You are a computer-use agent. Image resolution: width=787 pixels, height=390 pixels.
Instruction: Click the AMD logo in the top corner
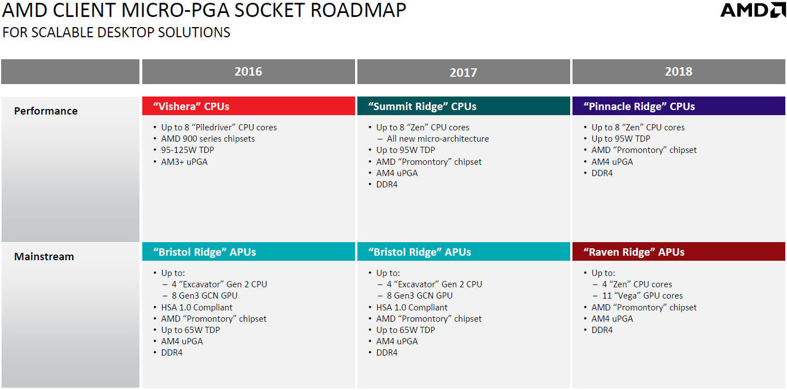click(753, 10)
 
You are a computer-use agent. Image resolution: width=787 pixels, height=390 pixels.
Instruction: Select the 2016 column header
click(248, 72)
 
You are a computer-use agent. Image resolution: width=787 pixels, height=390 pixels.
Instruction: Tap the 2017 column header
click(464, 72)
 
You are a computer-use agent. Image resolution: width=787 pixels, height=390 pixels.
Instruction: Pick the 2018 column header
click(679, 72)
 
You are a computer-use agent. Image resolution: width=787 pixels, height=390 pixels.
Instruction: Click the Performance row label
click(46, 111)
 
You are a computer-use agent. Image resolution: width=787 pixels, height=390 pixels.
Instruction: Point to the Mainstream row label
click(44, 256)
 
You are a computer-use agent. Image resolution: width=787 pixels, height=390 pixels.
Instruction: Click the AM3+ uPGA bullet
click(184, 161)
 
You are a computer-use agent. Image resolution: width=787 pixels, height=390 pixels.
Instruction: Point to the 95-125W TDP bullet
click(187, 150)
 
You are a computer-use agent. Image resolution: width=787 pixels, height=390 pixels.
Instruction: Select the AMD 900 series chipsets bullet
click(208, 139)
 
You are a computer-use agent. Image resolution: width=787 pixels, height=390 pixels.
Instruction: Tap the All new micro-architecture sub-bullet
click(438, 139)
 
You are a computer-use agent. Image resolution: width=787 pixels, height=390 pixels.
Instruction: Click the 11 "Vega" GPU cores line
click(642, 296)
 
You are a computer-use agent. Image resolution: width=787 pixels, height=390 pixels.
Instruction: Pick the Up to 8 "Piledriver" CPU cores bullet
click(218, 127)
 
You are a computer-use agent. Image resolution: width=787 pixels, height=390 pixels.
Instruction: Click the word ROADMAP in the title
click(358, 10)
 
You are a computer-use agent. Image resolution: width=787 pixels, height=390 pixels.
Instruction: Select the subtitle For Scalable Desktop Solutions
click(116, 32)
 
